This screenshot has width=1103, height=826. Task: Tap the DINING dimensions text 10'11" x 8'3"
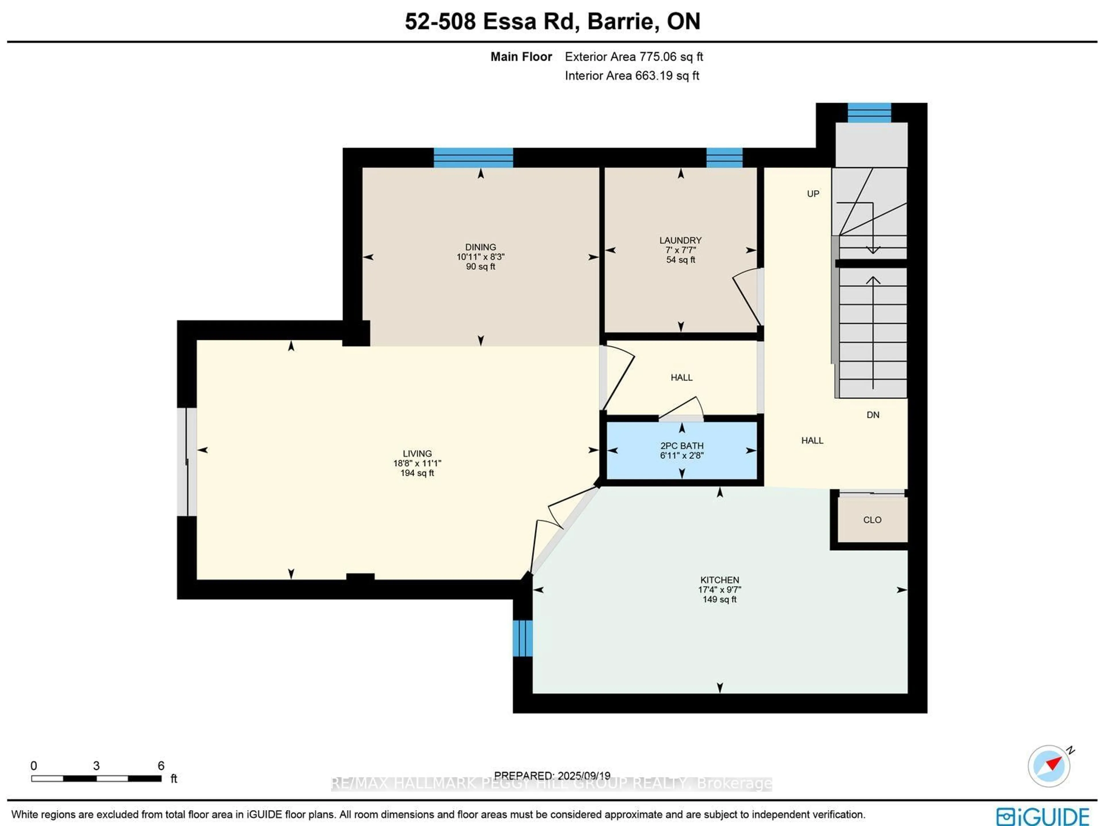[x=480, y=257]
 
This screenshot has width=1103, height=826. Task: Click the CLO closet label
[x=872, y=520]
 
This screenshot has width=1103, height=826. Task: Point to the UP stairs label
[x=813, y=194]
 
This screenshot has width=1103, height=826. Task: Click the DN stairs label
[x=873, y=415]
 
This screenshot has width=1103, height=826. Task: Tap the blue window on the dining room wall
[x=473, y=158]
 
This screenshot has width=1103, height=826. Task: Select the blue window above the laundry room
[x=724, y=158]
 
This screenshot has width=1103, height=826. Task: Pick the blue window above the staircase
[x=869, y=113]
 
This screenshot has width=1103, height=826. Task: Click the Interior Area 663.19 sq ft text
[x=632, y=76]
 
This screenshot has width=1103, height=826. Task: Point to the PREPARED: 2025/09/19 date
[x=552, y=776]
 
